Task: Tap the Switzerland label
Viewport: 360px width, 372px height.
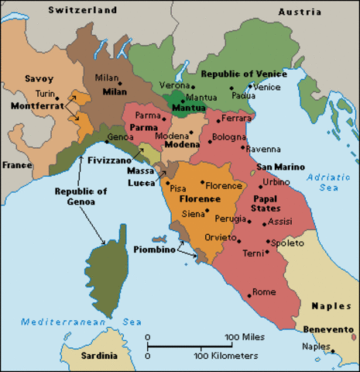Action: pos(82,10)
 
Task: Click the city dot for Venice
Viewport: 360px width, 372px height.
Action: pos(249,87)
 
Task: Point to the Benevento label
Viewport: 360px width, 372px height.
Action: pos(328,329)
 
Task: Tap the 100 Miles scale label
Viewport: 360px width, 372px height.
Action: pos(245,337)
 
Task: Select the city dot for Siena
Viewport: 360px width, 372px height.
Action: pos(207,211)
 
